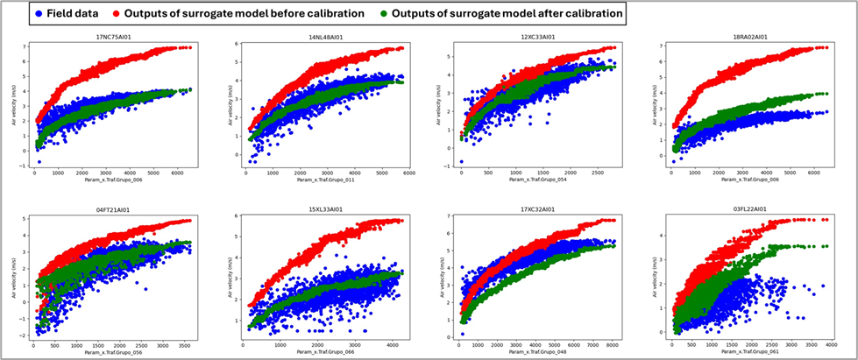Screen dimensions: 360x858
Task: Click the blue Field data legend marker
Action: pos(39,15)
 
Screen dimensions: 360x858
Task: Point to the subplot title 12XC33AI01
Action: pos(539,38)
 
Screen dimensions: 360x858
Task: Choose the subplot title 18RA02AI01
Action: pos(749,38)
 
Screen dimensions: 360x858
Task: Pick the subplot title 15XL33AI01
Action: pos(327,210)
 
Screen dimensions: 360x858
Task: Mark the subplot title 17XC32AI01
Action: pos(539,210)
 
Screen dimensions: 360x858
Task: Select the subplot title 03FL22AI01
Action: pos(749,210)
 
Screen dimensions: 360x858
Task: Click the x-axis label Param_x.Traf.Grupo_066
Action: pos(327,352)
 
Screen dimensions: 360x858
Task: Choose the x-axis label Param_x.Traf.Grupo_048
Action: pos(539,352)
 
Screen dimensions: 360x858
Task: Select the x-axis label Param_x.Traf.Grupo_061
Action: pos(749,352)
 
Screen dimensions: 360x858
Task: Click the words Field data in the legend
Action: pos(73,15)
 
